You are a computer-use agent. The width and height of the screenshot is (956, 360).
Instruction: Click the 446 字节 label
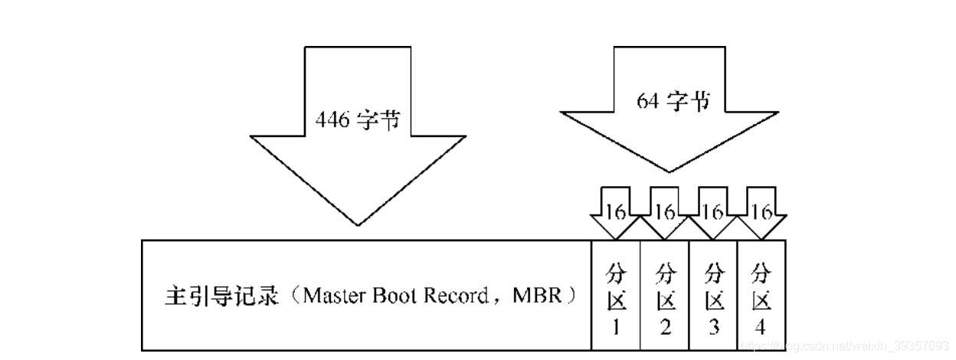[357, 121]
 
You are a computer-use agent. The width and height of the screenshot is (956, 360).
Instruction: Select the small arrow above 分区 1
[616, 211]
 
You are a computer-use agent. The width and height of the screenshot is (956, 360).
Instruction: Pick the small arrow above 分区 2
[664, 211]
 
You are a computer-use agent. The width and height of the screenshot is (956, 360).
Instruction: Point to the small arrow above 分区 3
[712, 211]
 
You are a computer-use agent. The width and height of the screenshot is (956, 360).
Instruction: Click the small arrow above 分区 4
[760, 211]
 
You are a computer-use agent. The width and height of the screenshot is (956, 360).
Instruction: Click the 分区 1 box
[616, 296]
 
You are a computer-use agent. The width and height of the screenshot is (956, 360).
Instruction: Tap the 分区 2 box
[665, 296]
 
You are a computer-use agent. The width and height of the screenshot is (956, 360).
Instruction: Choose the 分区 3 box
[713, 296]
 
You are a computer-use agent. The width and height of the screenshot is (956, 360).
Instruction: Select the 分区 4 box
[760, 296]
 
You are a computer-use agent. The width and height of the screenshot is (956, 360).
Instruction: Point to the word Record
[457, 296]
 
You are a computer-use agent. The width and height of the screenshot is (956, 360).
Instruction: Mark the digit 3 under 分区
[714, 328]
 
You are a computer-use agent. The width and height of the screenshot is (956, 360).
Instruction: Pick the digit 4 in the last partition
[760, 328]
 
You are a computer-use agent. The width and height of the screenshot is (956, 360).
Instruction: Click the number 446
[330, 121]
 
